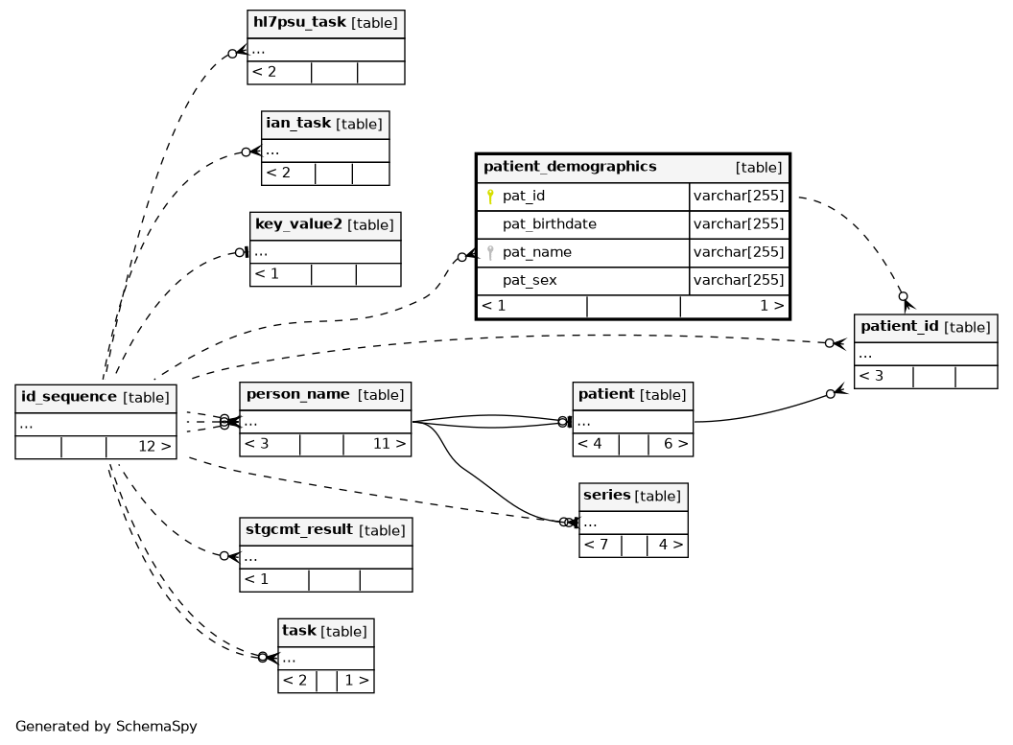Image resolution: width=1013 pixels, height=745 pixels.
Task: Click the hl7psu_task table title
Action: (x=299, y=22)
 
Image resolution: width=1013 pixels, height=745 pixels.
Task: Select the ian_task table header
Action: (x=297, y=123)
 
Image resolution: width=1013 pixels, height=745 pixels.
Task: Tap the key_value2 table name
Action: (x=297, y=224)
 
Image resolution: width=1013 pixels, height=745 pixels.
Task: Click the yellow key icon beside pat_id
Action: (x=490, y=197)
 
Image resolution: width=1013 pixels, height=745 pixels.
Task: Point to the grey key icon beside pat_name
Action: (x=490, y=252)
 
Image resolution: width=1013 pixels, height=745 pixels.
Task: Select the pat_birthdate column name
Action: (x=549, y=224)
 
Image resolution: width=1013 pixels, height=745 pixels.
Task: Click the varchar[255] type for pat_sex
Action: (x=739, y=280)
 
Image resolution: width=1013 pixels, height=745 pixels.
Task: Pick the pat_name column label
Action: (x=537, y=252)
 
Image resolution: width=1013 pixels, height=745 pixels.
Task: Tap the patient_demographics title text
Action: (x=570, y=167)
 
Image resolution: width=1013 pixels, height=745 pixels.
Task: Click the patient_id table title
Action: (x=899, y=326)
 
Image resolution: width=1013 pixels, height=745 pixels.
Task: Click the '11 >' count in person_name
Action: (x=389, y=444)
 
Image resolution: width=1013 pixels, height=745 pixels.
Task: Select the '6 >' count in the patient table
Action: (x=675, y=444)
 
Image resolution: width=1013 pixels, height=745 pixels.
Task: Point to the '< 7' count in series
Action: (x=596, y=545)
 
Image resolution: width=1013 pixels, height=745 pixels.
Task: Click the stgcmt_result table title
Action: (x=299, y=529)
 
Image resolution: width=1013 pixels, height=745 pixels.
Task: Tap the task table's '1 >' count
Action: (x=357, y=680)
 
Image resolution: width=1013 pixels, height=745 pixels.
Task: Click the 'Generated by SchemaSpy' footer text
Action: (x=106, y=726)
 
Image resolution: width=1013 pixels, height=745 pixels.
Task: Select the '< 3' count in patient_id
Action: (x=871, y=376)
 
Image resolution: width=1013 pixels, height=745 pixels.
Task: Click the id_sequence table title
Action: (x=68, y=396)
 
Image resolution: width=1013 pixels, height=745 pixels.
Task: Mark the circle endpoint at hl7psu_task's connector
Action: (x=232, y=54)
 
